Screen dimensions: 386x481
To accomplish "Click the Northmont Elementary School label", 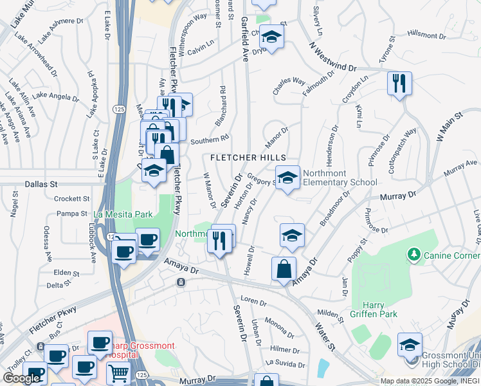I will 340,178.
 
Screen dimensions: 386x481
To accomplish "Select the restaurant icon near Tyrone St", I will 399,83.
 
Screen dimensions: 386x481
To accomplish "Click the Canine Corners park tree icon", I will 413,255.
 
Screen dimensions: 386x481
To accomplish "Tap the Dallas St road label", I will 42,184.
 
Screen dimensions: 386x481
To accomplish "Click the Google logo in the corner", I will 21,378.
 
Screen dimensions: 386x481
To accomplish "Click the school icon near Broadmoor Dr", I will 292,235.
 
